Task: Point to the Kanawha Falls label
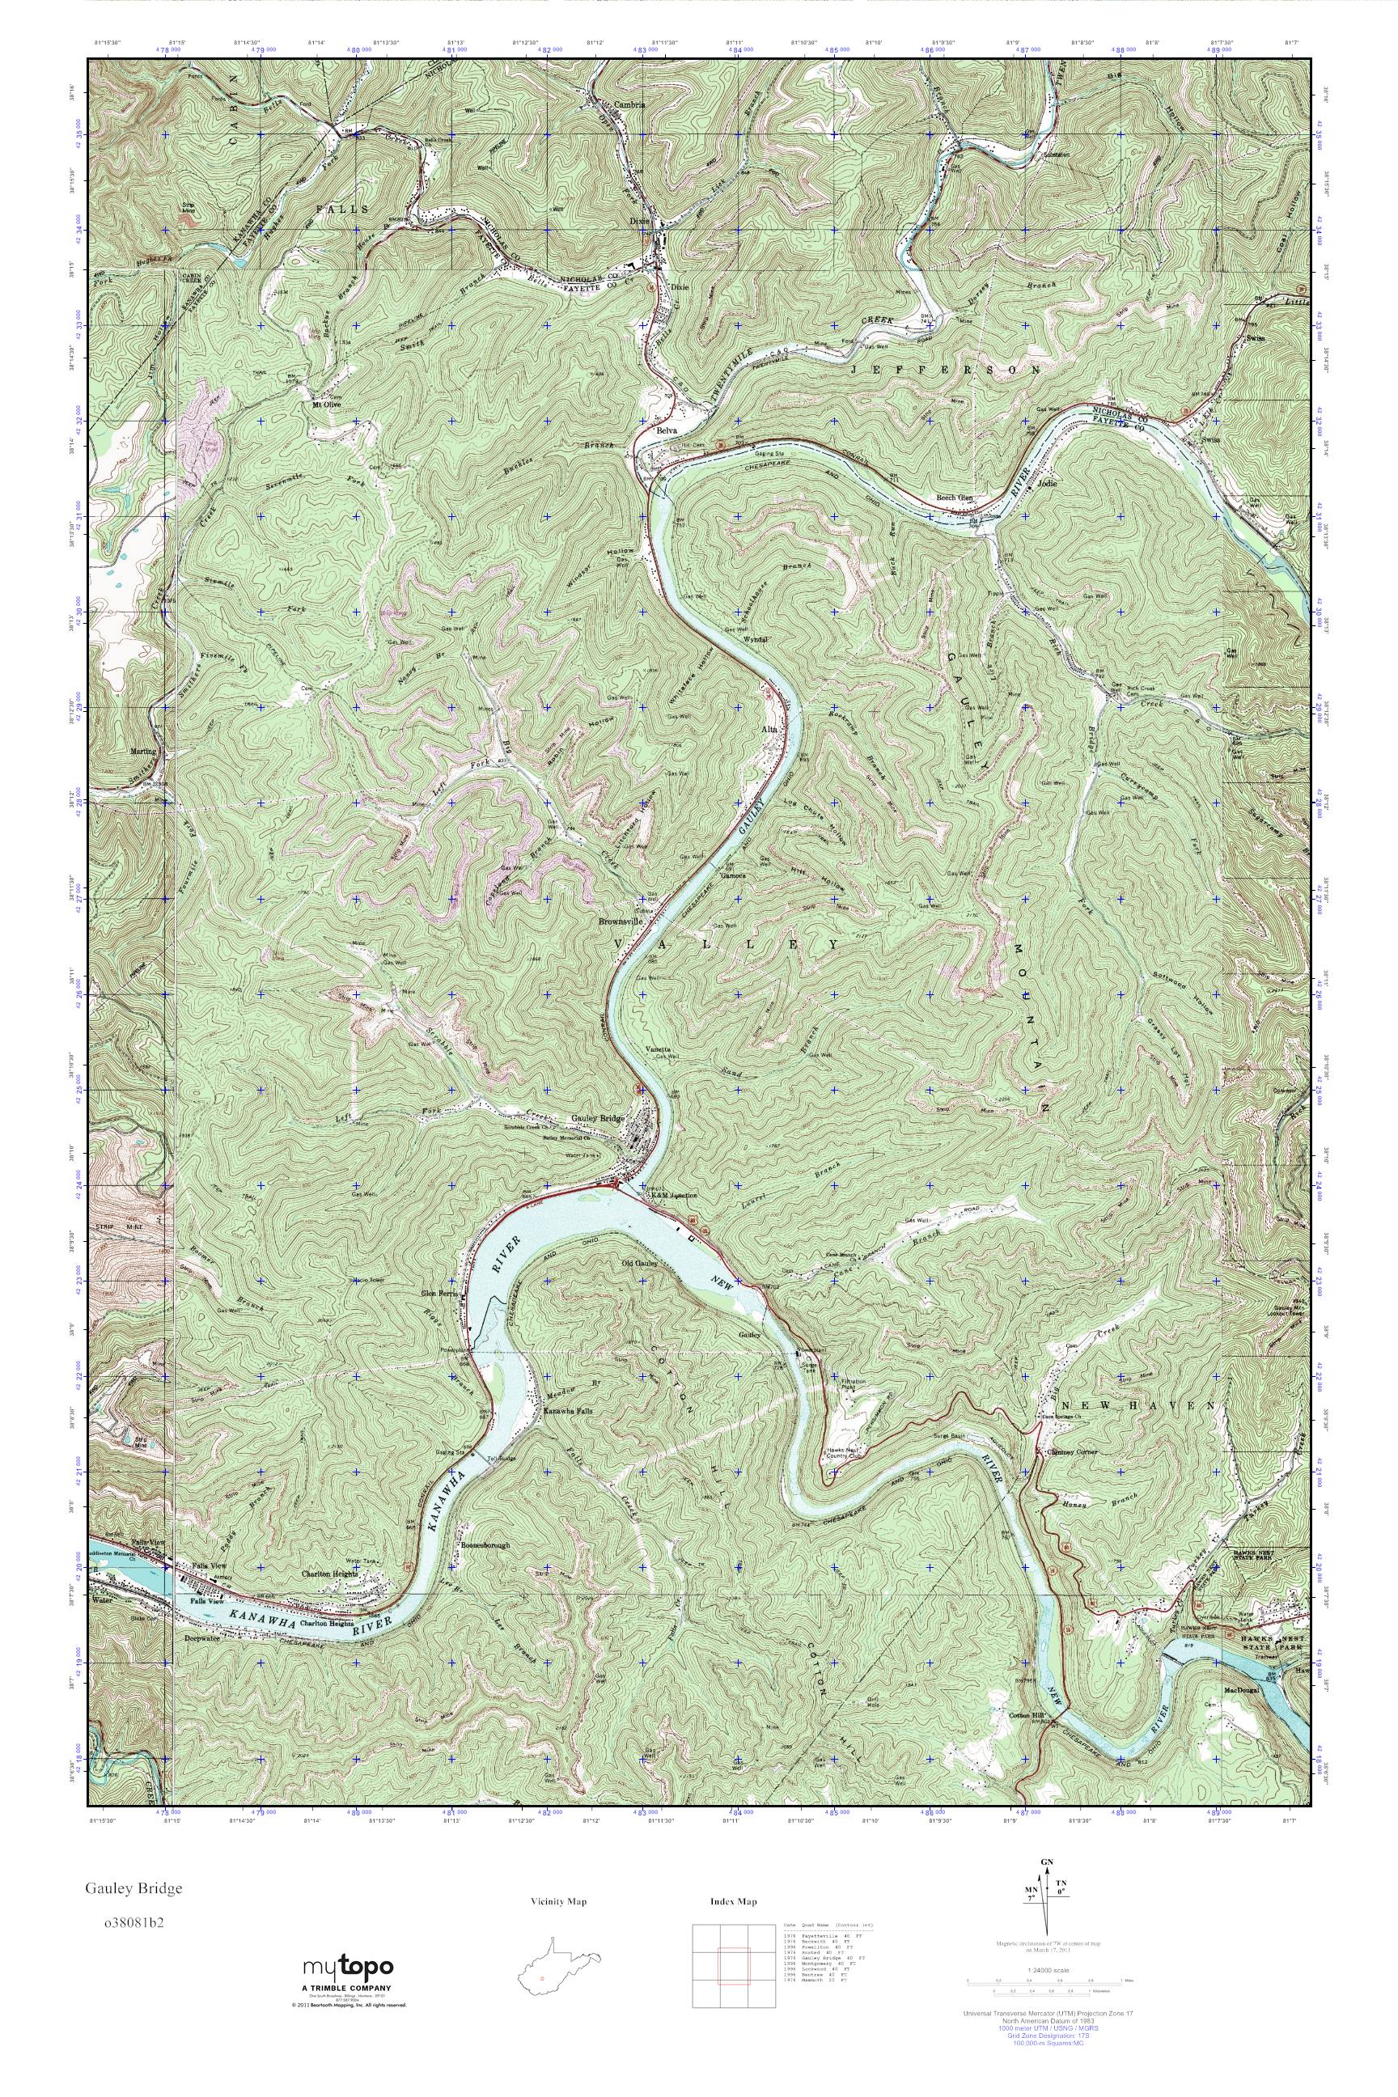tap(568, 1412)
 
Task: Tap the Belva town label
tap(667, 430)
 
